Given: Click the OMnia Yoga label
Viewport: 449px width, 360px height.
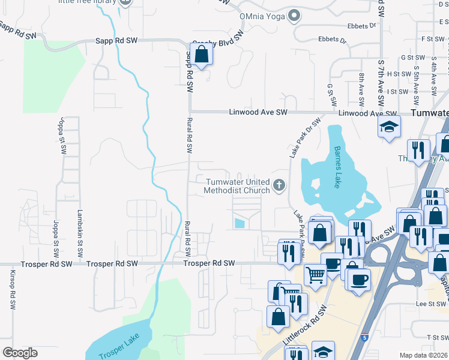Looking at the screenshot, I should (261, 16).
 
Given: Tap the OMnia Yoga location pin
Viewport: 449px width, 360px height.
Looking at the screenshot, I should (294, 16).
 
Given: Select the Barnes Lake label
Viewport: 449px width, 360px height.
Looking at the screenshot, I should (337, 159).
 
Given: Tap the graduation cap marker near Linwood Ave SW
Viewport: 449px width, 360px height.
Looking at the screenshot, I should (389, 127).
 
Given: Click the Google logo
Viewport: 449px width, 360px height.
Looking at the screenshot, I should (20, 353).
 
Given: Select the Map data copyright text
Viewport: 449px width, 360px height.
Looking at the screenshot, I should (423, 355).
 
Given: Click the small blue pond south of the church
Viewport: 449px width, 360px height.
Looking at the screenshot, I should (240, 223).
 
